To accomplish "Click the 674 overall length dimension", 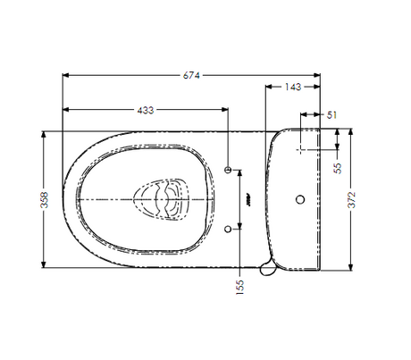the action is [191, 76].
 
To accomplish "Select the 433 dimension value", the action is [146, 110].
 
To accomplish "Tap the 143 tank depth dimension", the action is [293, 87].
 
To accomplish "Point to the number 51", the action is [331, 115].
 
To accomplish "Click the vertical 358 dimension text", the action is [44, 199].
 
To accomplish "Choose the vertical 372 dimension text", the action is [352, 199].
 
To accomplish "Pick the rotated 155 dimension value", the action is [239, 287].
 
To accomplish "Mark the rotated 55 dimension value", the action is [338, 168].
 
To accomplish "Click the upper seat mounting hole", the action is [228, 170].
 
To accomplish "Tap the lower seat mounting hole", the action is [228, 229].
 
